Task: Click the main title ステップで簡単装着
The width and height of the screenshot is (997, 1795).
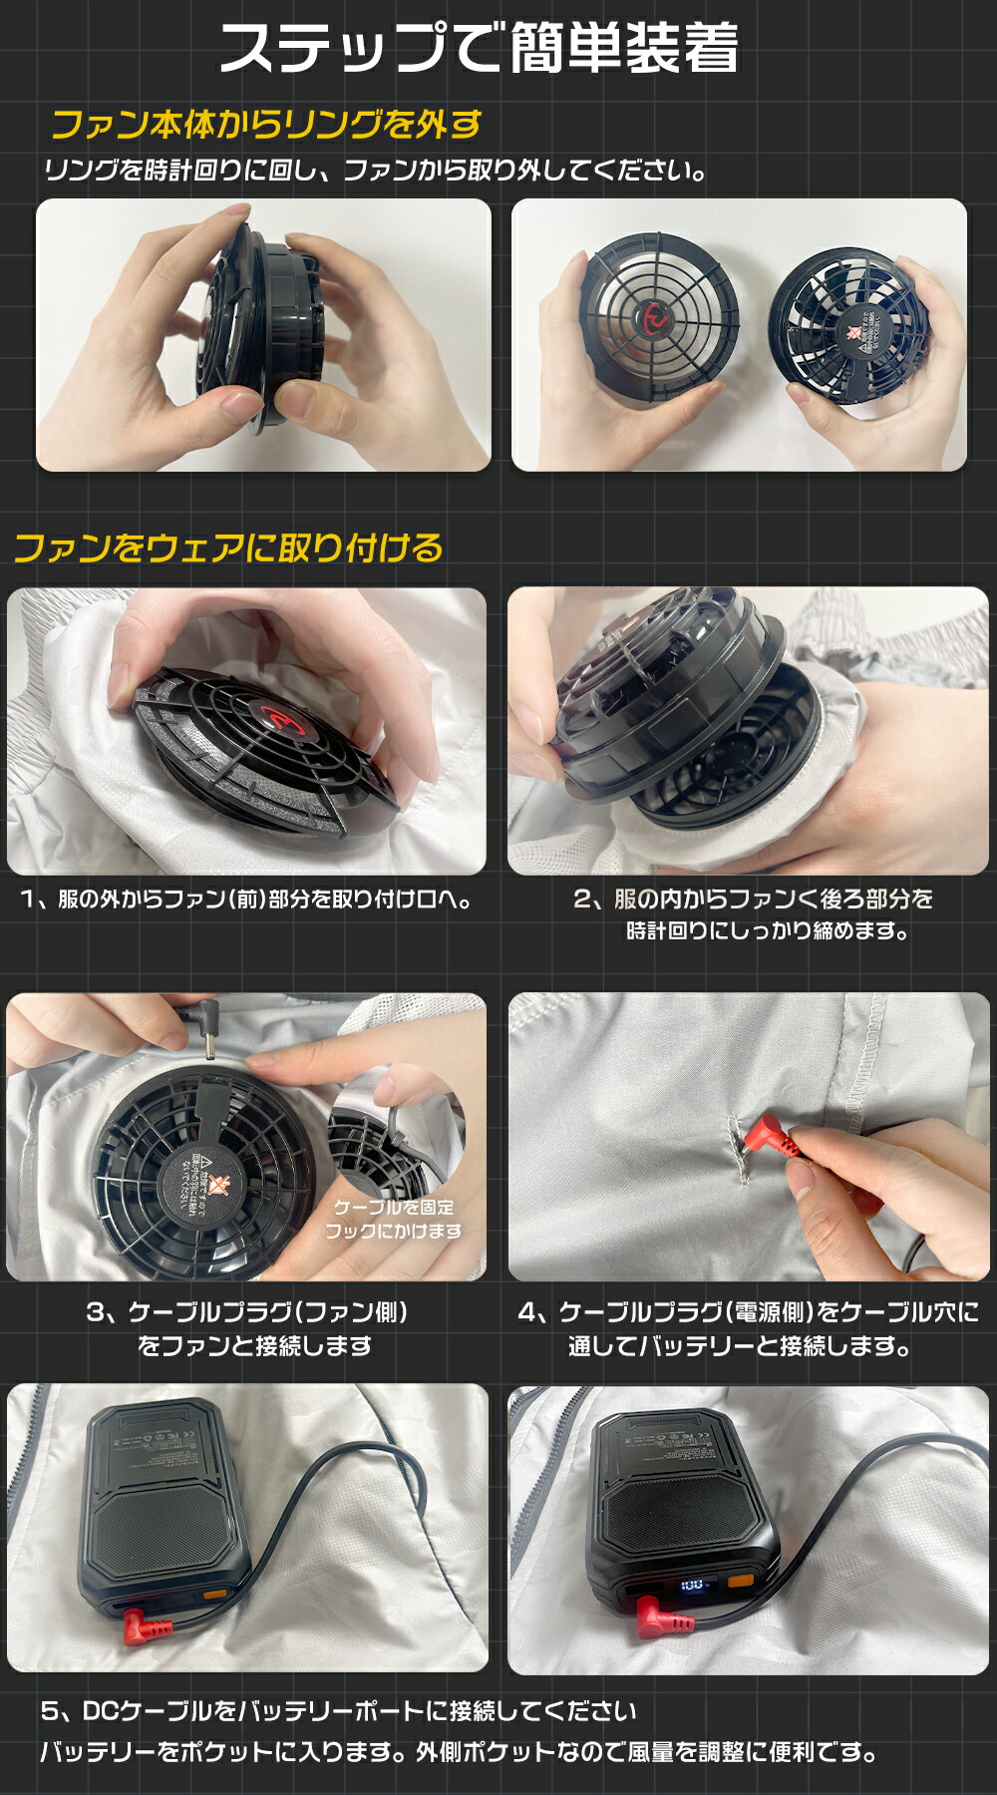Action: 479,48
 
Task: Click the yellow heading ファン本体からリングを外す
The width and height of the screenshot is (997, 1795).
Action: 266,126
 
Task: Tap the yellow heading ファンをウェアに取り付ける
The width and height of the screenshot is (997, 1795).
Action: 228,548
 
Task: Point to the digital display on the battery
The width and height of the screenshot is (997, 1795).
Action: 692,1585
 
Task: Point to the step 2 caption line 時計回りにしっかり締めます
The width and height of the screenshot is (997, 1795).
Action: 767,931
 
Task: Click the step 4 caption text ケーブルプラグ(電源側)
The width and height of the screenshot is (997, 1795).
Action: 688,1312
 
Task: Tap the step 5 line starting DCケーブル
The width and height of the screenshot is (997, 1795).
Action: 339,1711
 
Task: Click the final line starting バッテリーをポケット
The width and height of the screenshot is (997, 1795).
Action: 459,1752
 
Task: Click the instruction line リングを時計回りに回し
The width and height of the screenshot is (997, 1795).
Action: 374,172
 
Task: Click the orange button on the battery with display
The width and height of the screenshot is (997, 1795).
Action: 741,1583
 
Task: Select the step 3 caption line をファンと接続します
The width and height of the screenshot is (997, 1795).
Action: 255,1346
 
